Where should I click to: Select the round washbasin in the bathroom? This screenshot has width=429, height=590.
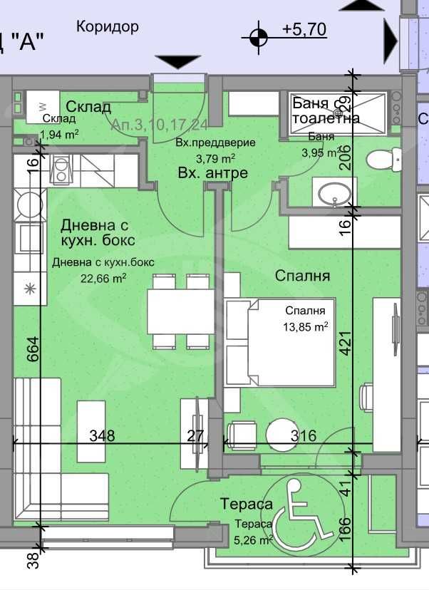tap(334, 192)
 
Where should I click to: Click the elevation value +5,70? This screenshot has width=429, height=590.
tap(304, 29)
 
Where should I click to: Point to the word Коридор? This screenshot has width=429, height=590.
tap(107, 27)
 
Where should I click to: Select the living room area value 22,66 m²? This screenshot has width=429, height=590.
tap(89, 276)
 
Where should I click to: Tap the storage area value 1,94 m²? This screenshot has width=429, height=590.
tap(59, 133)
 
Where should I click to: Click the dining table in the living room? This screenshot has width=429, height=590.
tap(180, 311)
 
